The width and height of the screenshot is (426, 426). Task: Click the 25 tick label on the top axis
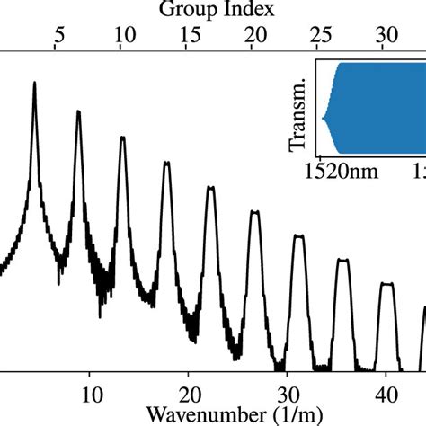[321, 35]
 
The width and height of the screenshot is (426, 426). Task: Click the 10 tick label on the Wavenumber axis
[90, 393]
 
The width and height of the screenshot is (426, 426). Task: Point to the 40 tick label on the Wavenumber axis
[384, 393]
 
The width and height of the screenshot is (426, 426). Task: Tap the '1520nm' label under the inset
[348, 170]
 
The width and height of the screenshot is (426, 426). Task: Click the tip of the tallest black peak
[34, 83]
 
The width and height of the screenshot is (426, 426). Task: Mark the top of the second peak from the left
[78, 112]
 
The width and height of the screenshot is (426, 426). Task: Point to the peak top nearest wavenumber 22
[210, 188]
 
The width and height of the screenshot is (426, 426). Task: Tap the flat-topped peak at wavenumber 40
[386, 284]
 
